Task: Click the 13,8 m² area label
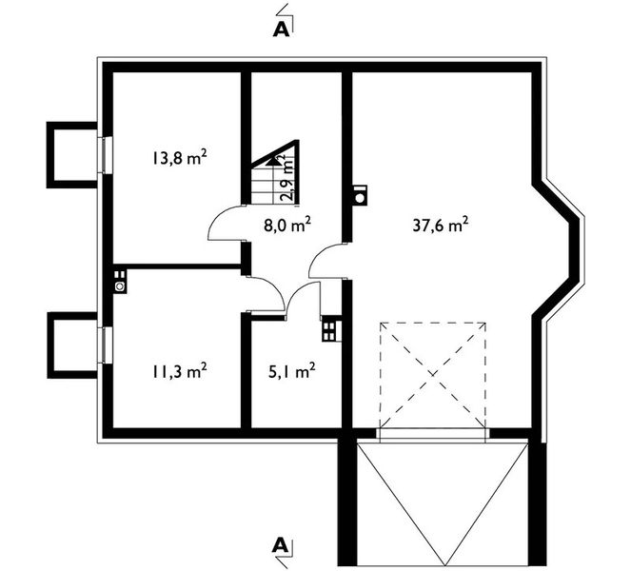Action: (180, 157)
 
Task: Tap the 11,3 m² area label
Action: (180, 371)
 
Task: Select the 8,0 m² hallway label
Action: (287, 225)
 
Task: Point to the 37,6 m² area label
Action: (441, 225)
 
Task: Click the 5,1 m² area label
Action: (292, 371)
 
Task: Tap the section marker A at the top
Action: (281, 29)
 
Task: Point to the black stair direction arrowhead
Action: (274, 161)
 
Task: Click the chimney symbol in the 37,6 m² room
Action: (360, 195)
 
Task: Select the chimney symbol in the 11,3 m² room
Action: (120, 282)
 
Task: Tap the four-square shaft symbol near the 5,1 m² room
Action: (331, 329)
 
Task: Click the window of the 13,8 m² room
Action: (106, 155)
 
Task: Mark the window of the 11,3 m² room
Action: (106, 345)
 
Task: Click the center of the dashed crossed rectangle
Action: (433, 375)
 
